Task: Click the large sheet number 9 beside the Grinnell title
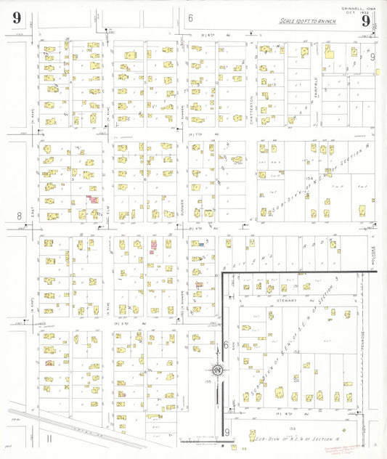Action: click(365, 20)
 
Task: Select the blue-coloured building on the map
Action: click(198, 245)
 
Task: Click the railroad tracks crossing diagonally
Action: click(73, 428)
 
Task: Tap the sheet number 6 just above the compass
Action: click(226, 345)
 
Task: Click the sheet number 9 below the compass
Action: click(227, 432)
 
